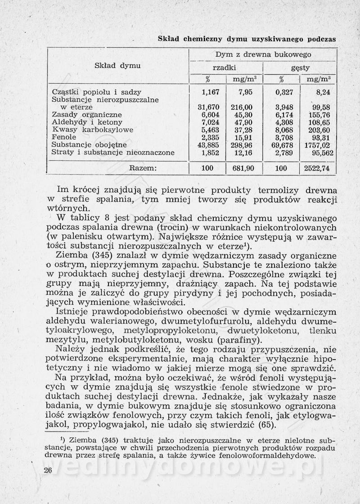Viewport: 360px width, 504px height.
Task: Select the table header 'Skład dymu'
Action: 117,66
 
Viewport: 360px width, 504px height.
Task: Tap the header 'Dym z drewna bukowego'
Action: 263,54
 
